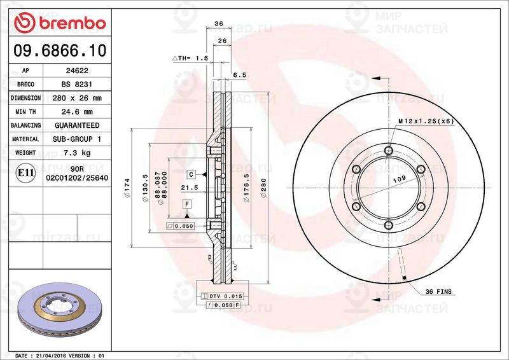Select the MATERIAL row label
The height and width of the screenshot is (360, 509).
pyautogui.click(x=25, y=139)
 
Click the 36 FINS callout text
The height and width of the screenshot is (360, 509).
pyautogui.click(x=438, y=291)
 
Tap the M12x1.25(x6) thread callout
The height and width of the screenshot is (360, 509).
pyautogui.click(x=425, y=121)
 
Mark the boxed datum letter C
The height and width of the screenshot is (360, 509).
pyautogui.click(x=190, y=174)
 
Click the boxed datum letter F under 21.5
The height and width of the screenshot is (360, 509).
pyautogui.click(x=187, y=204)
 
